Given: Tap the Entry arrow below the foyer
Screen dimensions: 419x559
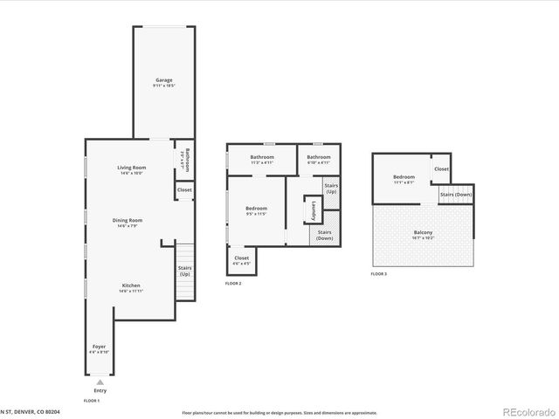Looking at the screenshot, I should [x=100, y=381].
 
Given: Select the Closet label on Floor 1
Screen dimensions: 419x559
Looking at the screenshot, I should [x=184, y=189].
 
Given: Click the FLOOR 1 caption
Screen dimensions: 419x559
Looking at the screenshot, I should [x=92, y=400].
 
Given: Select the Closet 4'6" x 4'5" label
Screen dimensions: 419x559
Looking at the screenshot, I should [x=241, y=259].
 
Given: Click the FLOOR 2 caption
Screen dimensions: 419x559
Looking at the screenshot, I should [x=233, y=284].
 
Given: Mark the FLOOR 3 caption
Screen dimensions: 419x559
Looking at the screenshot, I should [x=378, y=274].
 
